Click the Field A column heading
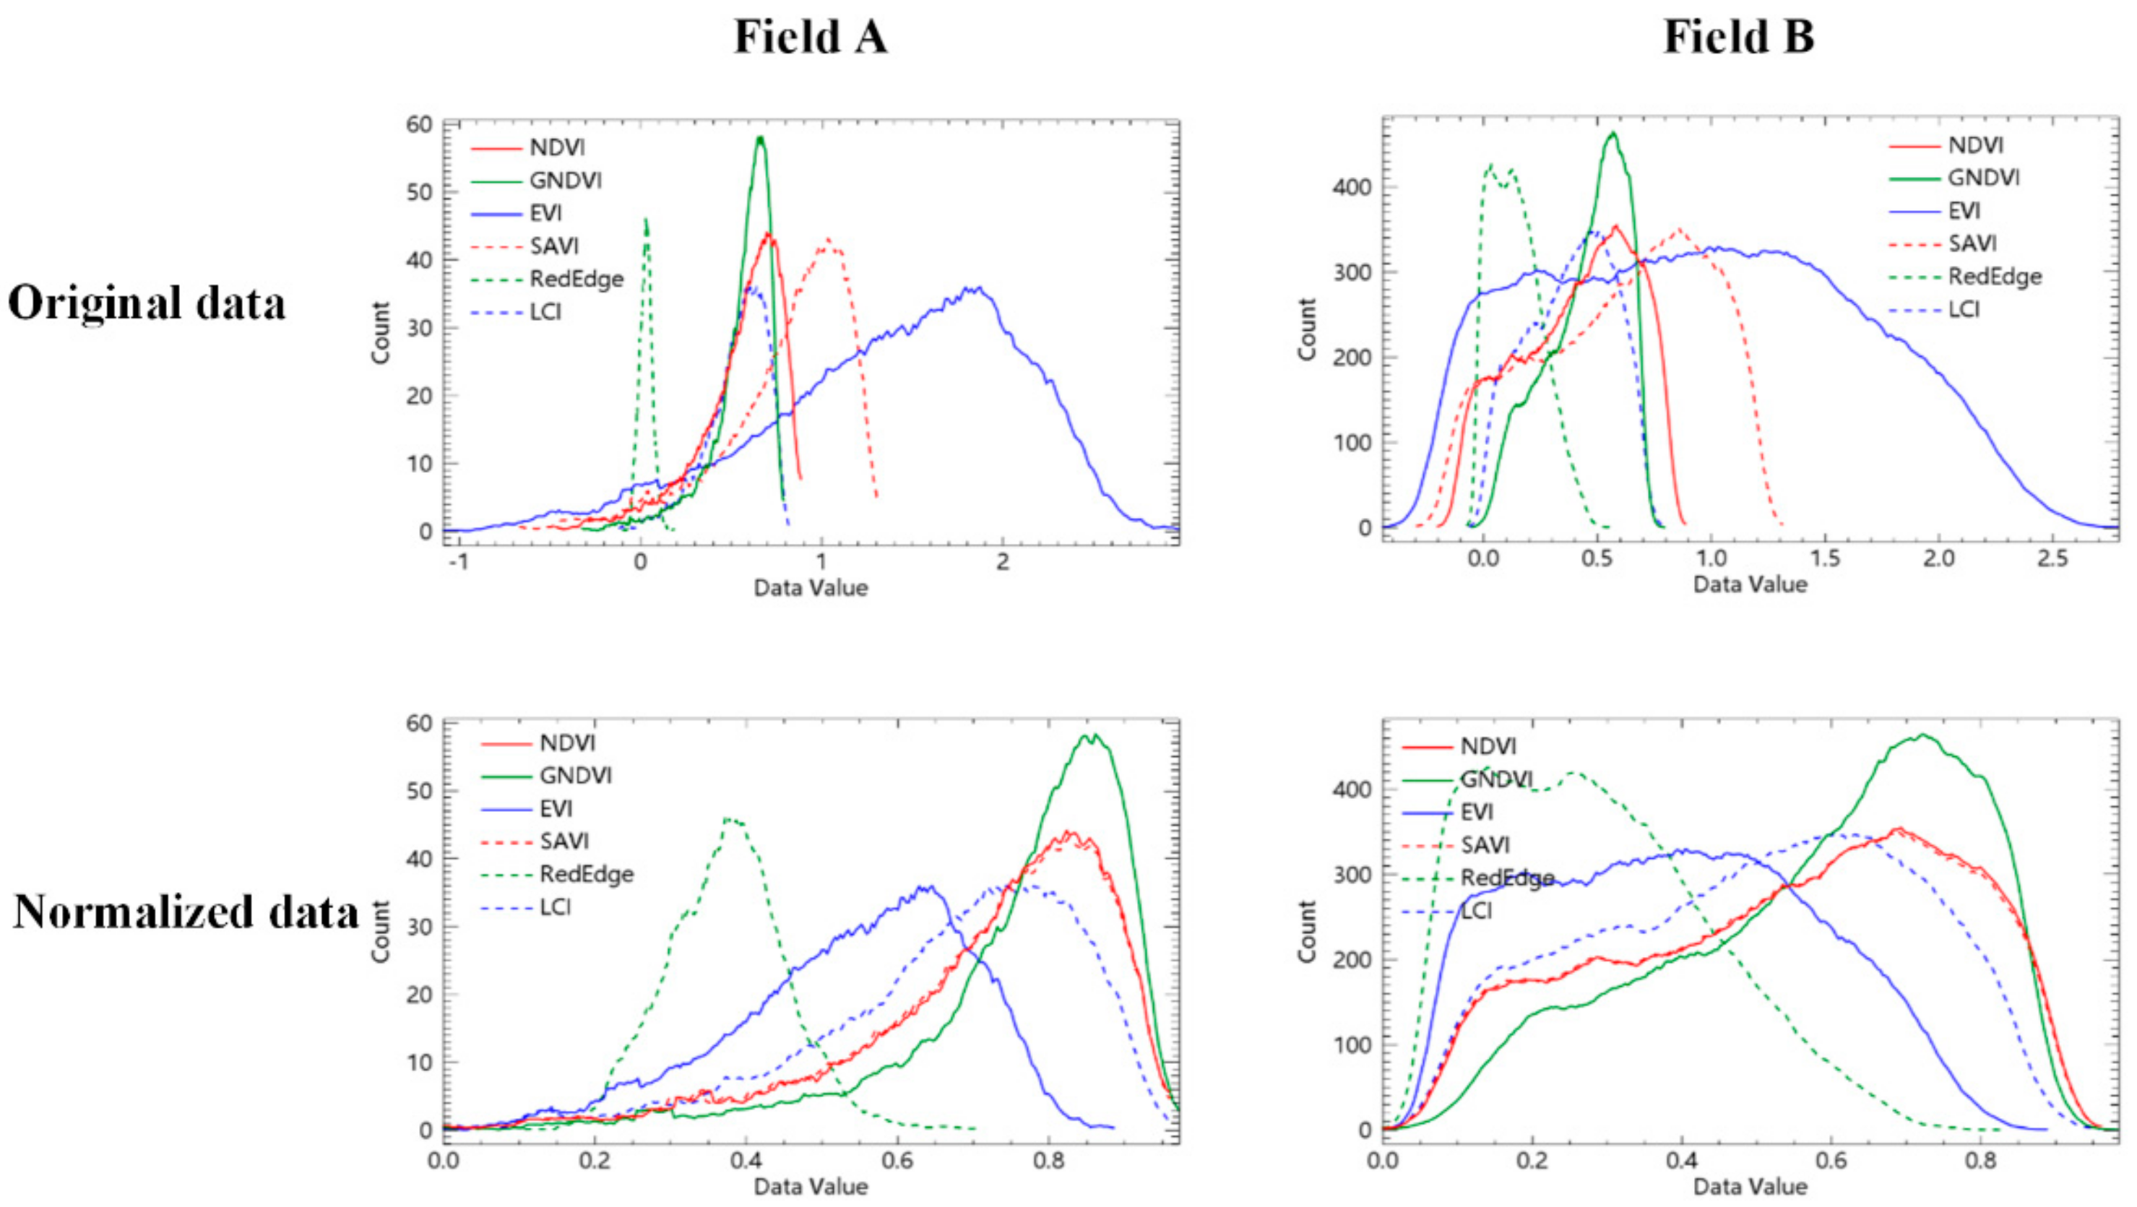811,38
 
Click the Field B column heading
1739,38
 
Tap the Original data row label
147,303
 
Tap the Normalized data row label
186,912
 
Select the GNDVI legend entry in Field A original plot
565,180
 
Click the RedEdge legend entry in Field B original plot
1994,276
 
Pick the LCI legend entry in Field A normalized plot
555,907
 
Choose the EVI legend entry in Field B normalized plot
1477,811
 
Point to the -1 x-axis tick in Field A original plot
458,562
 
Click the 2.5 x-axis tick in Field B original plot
2052,558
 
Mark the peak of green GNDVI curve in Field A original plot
760,139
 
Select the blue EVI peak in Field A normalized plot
928,887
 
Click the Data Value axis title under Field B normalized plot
1750,1186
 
